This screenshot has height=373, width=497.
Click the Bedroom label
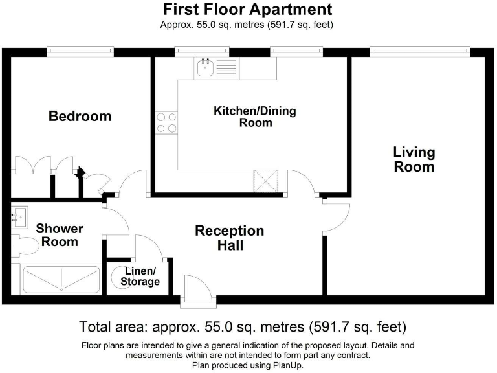pos(80,117)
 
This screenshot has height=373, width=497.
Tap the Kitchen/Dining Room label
pos(255,117)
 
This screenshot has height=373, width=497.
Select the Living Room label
pos(414,159)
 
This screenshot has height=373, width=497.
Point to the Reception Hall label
pos(230,238)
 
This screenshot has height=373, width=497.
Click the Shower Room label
pos(60,235)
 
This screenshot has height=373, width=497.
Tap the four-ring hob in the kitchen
pos(166,122)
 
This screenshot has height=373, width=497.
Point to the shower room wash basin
pos(18,216)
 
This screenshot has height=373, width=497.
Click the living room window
pos(419,51)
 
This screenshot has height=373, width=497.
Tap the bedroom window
pos(80,51)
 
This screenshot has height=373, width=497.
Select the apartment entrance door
pos(195,288)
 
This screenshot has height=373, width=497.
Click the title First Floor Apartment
pos(247,10)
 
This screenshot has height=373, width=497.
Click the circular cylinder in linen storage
pos(120,278)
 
